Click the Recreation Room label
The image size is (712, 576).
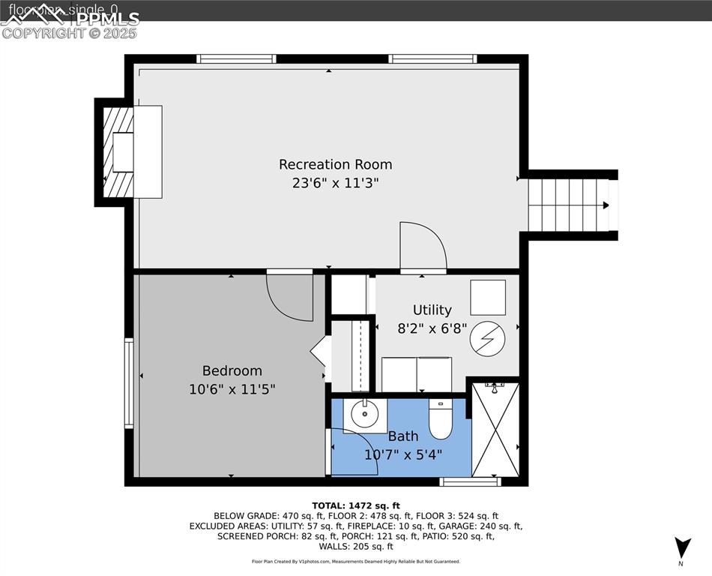point(335,164)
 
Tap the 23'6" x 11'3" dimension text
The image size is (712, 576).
point(335,183)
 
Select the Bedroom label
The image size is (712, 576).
point(232,370)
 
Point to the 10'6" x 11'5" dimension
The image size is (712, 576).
point(232,389)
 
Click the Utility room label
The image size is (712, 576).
point(432,310)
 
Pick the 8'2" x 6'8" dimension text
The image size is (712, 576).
point(432,328)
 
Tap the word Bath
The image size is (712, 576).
point(403,436)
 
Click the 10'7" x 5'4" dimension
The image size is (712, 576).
point(403,454)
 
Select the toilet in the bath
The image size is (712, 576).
point(440,418)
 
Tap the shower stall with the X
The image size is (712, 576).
point(495,430)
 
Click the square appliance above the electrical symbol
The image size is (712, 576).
point(487,298)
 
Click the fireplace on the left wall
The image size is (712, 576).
point(120,152)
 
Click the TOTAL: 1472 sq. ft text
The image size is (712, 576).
point(356,505)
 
